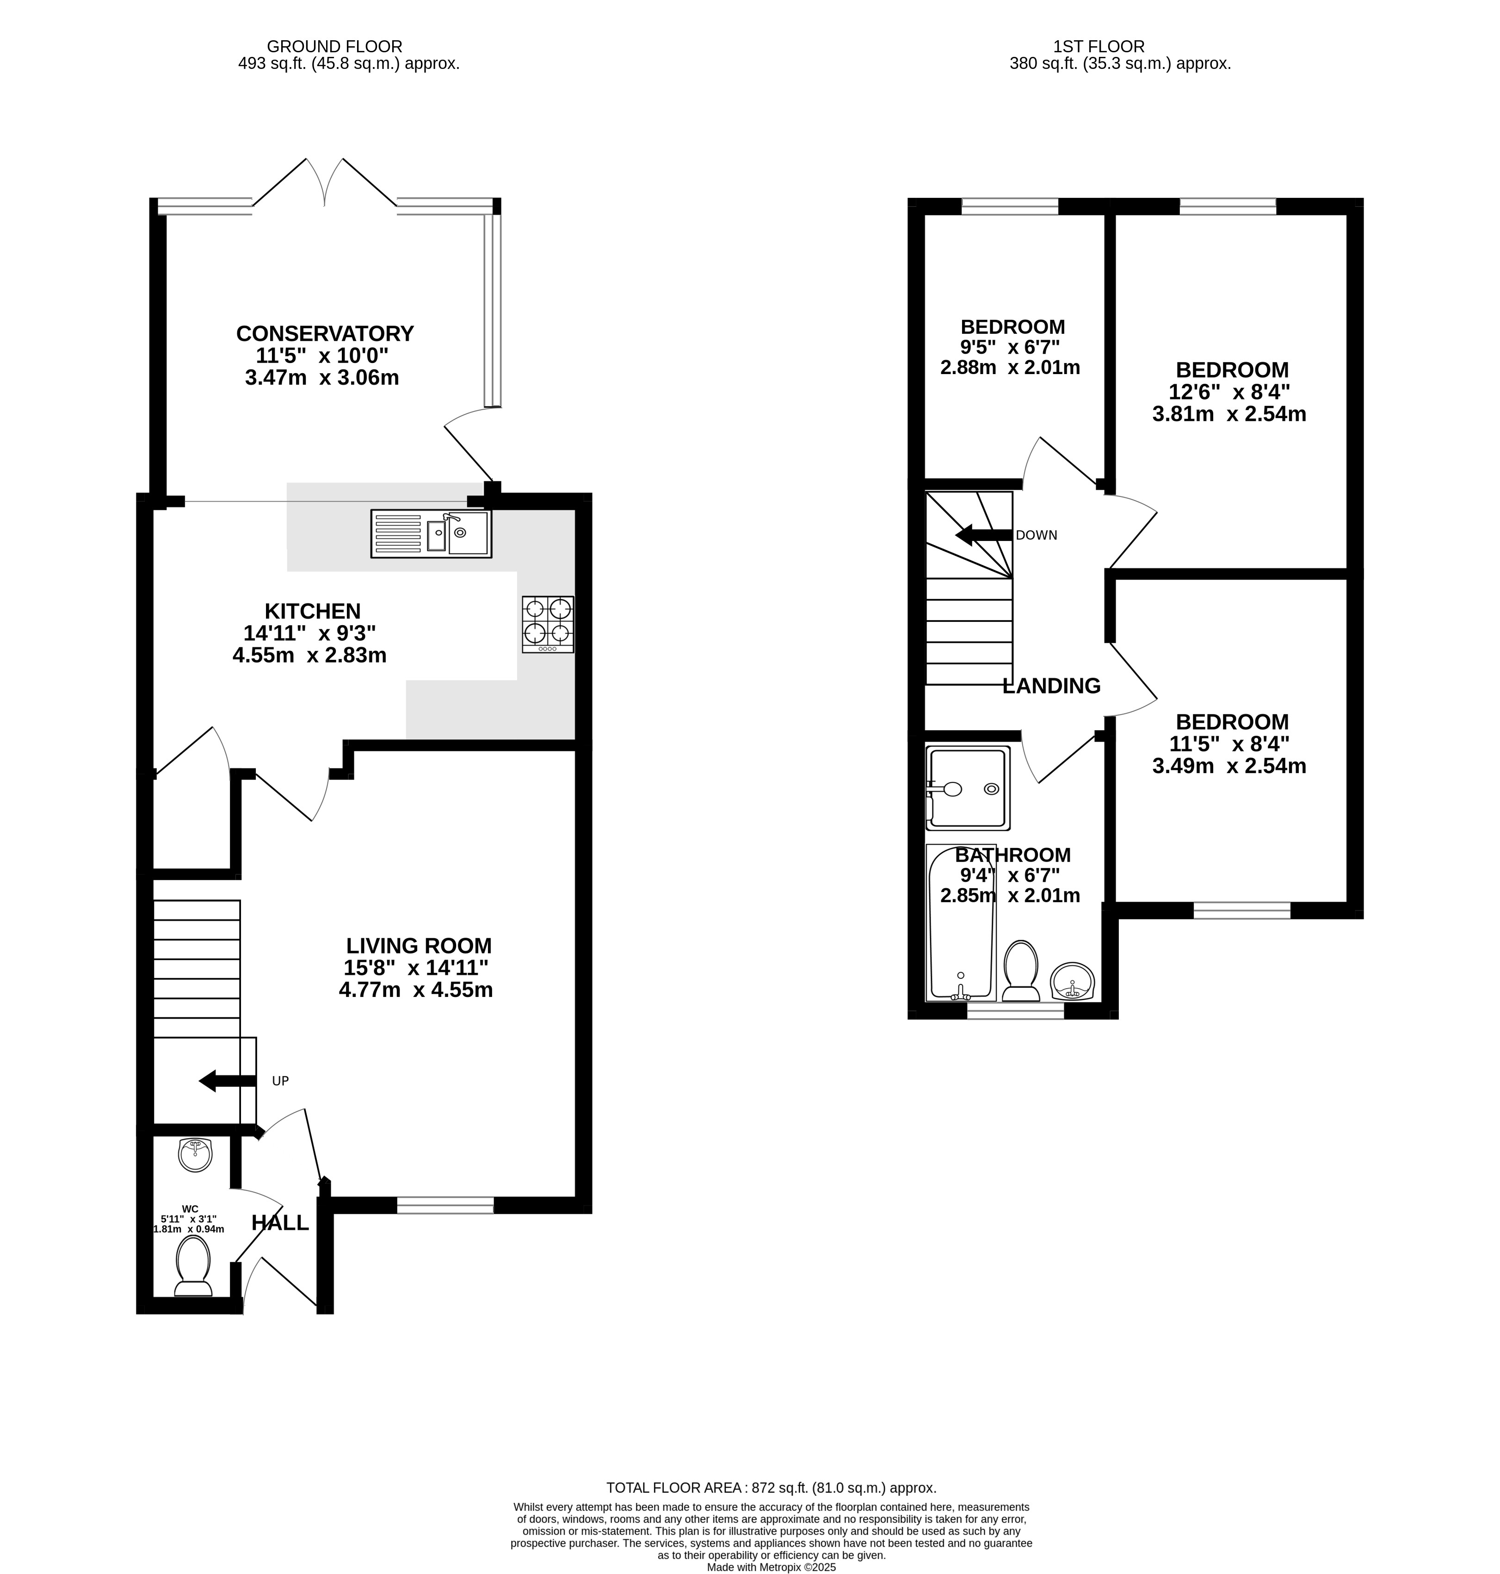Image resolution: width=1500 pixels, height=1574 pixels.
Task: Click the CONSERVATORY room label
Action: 325,333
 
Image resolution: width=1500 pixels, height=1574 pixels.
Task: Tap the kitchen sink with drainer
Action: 431,533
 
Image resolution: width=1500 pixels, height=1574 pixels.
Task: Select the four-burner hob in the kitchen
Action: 548,624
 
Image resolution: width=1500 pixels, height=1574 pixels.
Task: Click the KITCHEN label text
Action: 313,612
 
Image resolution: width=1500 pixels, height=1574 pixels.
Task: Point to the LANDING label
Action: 1051,686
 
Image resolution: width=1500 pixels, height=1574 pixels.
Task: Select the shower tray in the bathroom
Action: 968,788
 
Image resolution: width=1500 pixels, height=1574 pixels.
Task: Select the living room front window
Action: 445,1205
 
